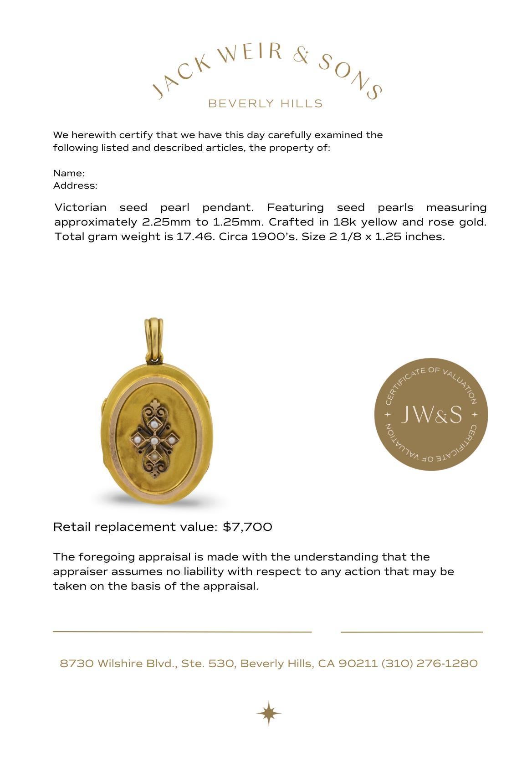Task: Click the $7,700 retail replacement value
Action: click(247, 527)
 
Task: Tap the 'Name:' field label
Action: click(69, 173)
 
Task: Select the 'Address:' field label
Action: click(75, 185)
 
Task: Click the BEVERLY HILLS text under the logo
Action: click(265, 103)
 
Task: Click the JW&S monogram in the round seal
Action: click(431, 414)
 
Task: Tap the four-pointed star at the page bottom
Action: click(268, 713)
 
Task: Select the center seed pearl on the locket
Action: click(154, 441)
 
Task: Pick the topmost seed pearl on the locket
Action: click(156, 424)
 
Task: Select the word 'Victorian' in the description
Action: click(80, 207)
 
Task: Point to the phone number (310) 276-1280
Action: click(429, 663)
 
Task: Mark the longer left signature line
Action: click(182, 632)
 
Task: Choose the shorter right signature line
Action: click(412, 632)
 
